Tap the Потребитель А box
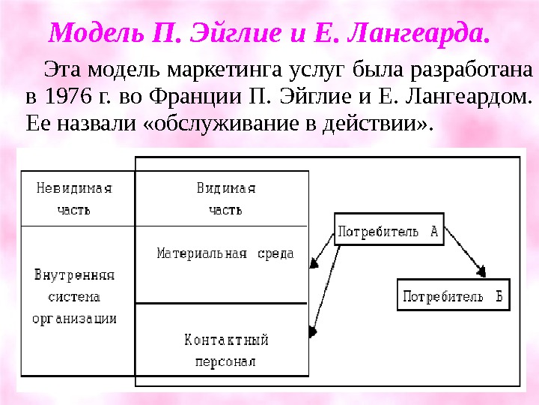(x=389, y=231)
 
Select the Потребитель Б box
(x=452, y=295)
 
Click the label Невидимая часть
(x=75, y=199)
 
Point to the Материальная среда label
(x=225, y=253)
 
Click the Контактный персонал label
(x=225, y=350)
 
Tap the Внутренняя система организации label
(x=75, y=296)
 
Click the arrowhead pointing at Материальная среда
(x=314, y=262)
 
